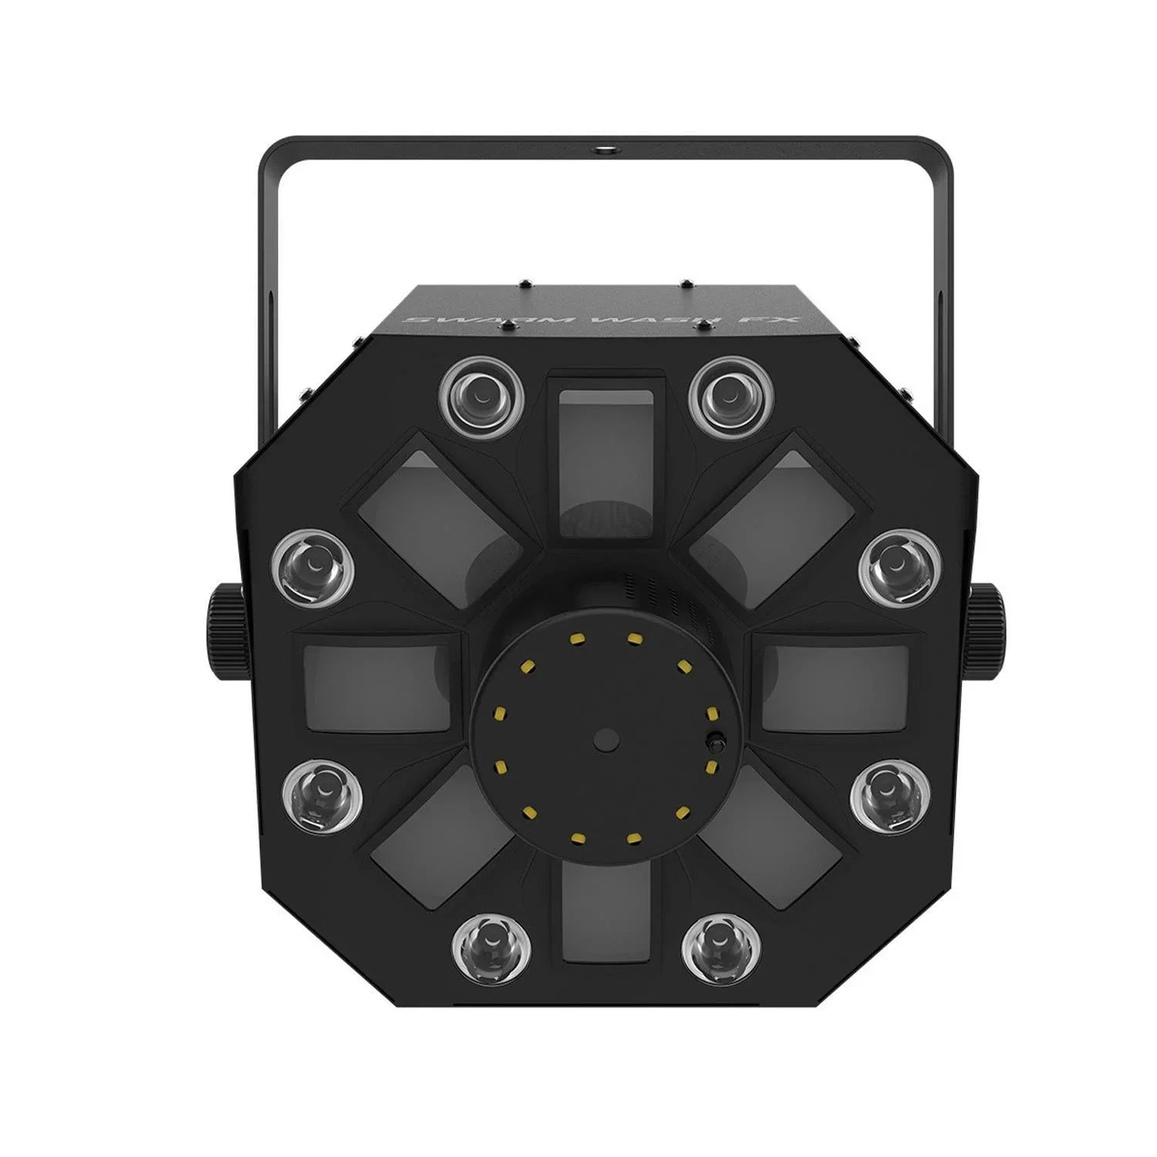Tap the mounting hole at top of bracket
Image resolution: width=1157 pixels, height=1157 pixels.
point(601,145)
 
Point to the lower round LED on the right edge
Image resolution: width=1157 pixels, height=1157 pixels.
point(888,799)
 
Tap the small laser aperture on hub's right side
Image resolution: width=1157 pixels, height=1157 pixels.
point(714,745)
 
